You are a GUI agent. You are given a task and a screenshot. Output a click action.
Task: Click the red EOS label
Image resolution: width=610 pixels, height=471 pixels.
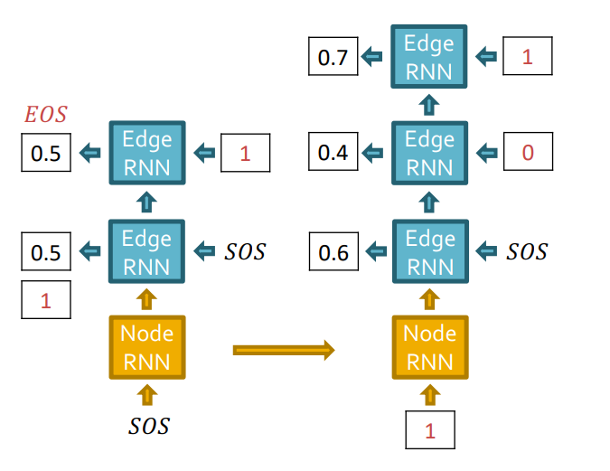45,115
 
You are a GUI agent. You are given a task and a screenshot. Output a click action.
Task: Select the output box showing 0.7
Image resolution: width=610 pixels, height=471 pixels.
333,59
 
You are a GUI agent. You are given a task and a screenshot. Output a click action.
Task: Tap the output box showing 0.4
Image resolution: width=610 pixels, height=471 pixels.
333,153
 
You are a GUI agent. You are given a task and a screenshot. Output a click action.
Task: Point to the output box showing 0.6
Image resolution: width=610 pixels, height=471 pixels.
333,251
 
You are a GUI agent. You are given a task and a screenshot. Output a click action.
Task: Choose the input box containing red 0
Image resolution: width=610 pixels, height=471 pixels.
527,153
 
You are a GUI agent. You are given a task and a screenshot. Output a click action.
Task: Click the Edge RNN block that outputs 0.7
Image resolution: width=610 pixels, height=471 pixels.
429,57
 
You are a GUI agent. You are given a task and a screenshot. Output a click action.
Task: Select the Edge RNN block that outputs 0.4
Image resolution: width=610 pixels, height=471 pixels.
429,153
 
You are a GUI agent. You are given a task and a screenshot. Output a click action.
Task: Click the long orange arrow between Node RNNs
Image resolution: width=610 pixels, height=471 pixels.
284,350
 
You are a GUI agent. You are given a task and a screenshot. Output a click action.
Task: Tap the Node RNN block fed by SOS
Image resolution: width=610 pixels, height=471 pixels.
147,347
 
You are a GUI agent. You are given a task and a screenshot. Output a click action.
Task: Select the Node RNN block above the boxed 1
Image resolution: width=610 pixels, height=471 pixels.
429,347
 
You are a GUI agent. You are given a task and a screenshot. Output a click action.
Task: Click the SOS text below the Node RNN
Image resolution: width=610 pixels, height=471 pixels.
147,425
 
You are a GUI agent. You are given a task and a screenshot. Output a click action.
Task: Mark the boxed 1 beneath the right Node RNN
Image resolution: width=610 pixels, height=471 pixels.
429,430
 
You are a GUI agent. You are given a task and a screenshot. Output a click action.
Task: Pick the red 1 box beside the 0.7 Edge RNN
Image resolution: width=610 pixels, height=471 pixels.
527,57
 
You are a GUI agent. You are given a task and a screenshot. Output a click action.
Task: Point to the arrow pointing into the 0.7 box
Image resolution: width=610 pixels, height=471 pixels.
372,58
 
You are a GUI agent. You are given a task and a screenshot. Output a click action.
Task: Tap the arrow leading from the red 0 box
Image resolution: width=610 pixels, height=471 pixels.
486,153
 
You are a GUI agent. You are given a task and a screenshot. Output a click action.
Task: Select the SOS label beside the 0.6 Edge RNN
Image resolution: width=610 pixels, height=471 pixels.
526,251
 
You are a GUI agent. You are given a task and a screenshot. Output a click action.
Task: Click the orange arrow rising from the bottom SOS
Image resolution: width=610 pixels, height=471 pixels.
147,395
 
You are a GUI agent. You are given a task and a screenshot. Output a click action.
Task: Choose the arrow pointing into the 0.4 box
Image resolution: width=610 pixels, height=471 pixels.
372,153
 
